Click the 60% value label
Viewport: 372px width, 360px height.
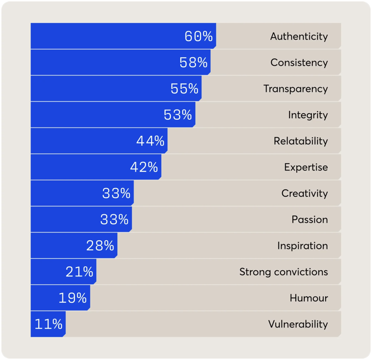tap(198, 36)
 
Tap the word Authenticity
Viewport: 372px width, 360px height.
tap(299, 36)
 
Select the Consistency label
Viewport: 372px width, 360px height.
tap(299, 63)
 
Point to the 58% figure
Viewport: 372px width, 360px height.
tap(193, 63)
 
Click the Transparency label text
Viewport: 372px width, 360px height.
tap(295, 89)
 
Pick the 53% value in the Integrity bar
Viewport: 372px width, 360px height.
tap(177, 115)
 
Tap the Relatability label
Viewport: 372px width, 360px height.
tap(300, 141)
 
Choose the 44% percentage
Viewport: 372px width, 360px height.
tap(150, 141)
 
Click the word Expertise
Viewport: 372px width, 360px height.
tap(306, 168)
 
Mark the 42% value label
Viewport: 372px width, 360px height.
tap(144, 168)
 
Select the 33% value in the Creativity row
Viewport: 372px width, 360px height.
tap(116, 193)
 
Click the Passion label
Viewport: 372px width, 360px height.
tap(310, 220)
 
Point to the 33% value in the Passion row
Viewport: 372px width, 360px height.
tap(114, 220)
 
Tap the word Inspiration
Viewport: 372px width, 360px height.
tap(302, 246)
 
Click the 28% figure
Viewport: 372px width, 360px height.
tap(100, 246)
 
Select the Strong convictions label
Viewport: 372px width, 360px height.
tap(283, 272)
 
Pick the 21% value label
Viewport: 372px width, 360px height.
tap(79, 272)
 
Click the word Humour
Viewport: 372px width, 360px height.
tap(309, 298)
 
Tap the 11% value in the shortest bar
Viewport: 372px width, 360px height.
tap(48, 324)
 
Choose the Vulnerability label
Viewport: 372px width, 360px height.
tap(298, 324)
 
